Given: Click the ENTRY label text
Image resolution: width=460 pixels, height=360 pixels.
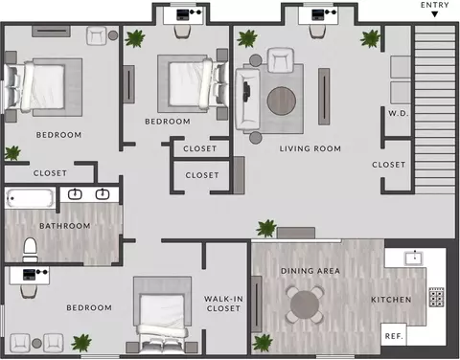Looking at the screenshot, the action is [435, 5].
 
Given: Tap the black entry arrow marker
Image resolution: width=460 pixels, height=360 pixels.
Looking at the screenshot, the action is [434, 14].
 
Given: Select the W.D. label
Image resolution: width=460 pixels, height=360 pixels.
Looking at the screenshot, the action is [399, 113].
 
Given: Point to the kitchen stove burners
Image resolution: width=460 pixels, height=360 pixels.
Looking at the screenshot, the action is [436, 297].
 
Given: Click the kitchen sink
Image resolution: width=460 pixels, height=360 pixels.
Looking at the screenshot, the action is [414, 258].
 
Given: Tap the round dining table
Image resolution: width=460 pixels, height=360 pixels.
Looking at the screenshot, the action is [305, 304].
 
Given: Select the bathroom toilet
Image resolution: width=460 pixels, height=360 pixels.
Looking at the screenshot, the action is [31, 250].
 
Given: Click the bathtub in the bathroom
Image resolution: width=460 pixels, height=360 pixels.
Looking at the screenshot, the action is [31, 198].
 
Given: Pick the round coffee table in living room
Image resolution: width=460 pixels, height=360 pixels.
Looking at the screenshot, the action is [282, 101].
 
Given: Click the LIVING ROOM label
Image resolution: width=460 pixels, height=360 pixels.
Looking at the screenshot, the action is [310, 148].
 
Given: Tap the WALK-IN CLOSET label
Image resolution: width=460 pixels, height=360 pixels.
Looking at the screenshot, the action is [223, 304].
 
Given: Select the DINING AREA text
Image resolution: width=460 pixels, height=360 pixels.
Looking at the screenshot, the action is [310, 271].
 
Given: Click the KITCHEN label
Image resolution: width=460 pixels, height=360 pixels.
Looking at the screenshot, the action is [391, 300].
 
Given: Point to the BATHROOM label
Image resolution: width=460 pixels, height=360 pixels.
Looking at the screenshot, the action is [65, 226].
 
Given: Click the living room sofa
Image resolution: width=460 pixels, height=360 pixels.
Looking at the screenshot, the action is [247, 99].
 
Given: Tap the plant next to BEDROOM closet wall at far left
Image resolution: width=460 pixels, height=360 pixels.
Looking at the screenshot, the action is [12, 153].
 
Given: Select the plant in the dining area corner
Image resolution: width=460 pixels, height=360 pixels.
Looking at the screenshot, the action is [263, 343].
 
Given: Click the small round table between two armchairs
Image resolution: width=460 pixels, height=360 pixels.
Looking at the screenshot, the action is [36, 343].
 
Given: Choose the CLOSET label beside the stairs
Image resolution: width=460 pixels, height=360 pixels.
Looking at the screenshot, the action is [388, 165].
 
